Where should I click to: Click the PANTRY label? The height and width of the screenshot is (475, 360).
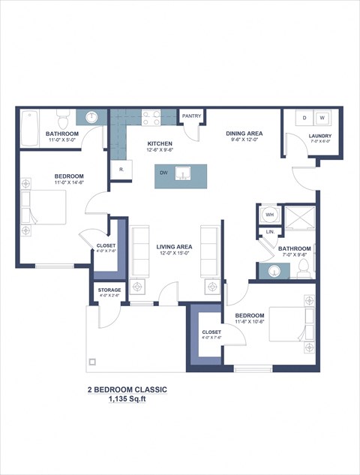click(x=191, y=116)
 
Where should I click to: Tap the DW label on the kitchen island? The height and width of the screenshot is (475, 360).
click(x=163, y=173)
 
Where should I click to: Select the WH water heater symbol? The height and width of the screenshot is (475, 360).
click(x=268, y=215)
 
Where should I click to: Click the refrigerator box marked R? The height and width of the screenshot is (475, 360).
click(x=120, y=170)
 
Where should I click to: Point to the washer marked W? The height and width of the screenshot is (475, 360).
click(x=322, y=119)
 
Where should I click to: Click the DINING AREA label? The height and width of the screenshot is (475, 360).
click(x=243, y=134)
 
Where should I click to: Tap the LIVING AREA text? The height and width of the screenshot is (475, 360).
click(x=174, y=246)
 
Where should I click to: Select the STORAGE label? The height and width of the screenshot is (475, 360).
click(x=109, y=289)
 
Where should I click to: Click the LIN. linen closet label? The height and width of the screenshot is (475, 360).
click(x=269, y=232)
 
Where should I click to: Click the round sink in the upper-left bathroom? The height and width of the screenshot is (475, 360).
click(x=91, y=117)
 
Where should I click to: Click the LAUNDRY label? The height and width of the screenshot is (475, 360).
click(x=320, y=136)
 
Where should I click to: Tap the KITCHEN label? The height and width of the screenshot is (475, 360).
click(x=160, y=143)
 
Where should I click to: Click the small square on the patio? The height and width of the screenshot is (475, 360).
click(x=92, y=362)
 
